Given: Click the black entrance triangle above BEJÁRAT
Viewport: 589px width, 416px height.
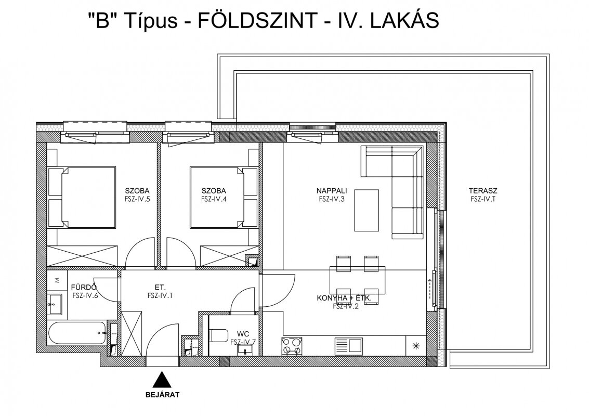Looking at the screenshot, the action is (x=162, y=380).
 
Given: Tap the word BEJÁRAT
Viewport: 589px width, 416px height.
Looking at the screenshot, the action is (x=162, y=395).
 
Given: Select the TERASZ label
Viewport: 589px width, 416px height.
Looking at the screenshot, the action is (x=483, y=191).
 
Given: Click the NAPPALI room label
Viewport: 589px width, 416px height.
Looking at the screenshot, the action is (x=331, y=191).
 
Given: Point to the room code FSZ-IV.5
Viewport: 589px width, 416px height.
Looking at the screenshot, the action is (x=137, y=199).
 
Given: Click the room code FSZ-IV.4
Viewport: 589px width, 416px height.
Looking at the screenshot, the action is (x=214, y=199).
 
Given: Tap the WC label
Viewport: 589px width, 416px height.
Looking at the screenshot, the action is (x=243, y=334).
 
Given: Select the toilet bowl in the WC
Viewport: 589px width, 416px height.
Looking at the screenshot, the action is (x=219, y=335).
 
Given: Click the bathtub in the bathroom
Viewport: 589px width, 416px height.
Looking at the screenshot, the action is (x=76, y=333).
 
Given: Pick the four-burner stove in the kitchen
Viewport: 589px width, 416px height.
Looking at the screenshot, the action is (x=292, y=346).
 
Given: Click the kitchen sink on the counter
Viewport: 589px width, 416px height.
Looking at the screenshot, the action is (x=349, y=346).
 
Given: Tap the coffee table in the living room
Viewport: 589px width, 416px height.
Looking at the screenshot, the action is (x=367, y=210).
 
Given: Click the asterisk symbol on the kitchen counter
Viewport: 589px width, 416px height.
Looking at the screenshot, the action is (x=416, y=346).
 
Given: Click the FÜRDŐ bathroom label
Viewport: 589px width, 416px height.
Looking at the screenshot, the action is (x=84, y=288).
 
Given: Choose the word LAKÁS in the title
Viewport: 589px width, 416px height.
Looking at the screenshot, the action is (x=404, y=20).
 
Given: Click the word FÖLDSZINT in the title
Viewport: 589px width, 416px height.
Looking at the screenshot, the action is (x=257, y=20).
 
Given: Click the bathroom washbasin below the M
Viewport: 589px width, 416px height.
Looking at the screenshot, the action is (x=56, y=304).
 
